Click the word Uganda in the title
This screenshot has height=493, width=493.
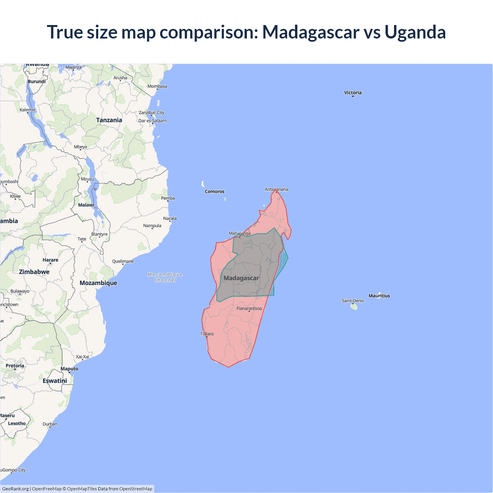[415, 32]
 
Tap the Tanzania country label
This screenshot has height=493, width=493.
[109, 120]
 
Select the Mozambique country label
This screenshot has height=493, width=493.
[98, 283]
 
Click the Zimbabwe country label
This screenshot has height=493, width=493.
[34, 272]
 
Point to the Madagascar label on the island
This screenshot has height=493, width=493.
[241, 278]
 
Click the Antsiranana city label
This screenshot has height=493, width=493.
[276, 189]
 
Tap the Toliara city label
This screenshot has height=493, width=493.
[207, 334]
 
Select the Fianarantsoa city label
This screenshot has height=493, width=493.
[249, 308]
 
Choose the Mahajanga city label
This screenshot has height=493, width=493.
[240, 233]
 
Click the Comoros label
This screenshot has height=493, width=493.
[215, 191]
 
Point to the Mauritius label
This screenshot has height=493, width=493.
[379, 296]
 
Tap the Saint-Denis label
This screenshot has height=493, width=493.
[352, 300]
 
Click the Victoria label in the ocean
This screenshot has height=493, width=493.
[353, 92]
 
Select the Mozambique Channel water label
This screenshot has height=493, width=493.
[165, 277]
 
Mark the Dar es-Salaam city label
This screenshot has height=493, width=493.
[153, 121]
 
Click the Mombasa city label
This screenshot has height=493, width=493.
[157, 86]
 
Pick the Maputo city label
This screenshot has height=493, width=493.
[69, 369]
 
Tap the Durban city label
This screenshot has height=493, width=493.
[50, 424]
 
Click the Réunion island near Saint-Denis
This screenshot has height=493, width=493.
[354, 307]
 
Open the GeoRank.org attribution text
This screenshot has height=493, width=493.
[15, 489]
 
